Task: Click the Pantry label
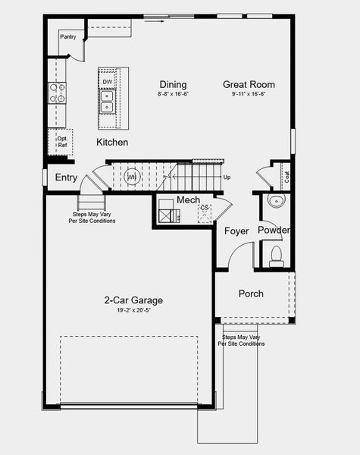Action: click(x=67, y=36)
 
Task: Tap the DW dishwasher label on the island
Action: click(x=108, y=82)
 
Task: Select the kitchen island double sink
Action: click(x=108, y=101)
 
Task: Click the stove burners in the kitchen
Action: click(x=56, y=93)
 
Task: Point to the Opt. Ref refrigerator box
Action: click(x=61, y=141)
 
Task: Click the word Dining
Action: click(x=173, y=84)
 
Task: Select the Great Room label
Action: click(x=249, y=84)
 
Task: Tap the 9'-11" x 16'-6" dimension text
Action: click(x=249, y=95)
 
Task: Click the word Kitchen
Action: click(x=112, y=142)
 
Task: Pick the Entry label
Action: click(x=66, y=177)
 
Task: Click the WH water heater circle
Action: click(x=132, y=177)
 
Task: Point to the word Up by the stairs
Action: click(x=227, y=177)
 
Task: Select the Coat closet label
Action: click(x=287, y=177)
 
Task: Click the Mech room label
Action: click(x=188, y=200)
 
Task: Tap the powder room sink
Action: click(x=274, y=202)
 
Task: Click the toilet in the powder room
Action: click(x=277, y=253)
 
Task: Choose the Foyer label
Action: click(x=237, y=231)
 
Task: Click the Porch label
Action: click(x=251, y=293)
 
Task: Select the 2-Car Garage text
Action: click(x=133, y=300)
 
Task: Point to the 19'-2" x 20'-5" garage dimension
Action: click(x=133, y=310)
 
